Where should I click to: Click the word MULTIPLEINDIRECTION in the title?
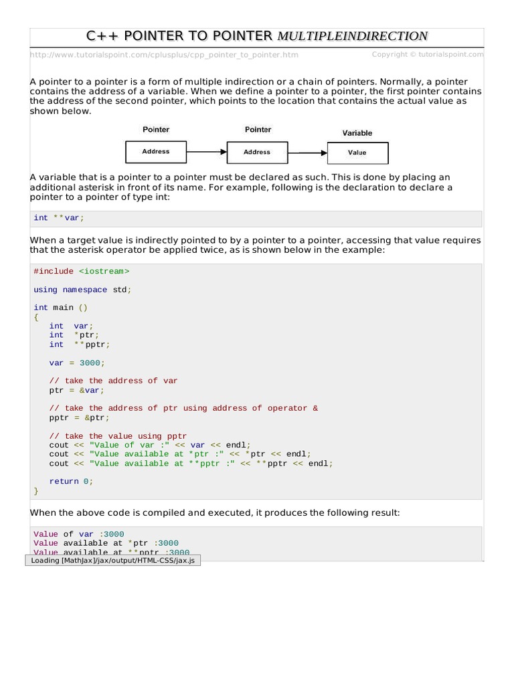[352, 36]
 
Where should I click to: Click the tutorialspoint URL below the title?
[164, 55]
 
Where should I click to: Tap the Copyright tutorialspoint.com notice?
[427, 54]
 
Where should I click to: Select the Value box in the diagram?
[357, 153]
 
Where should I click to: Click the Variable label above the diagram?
[357, 133]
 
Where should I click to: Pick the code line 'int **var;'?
[59, 218]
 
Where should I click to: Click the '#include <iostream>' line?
[81, 271]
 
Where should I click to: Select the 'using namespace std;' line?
[82, 290]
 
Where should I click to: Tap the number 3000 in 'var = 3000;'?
[89, 363]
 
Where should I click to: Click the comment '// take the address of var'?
[113, 381]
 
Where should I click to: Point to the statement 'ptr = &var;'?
[76, 390]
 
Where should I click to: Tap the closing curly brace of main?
[36, 490]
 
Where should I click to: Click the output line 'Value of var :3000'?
[78, 534]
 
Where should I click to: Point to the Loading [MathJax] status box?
[112, 560]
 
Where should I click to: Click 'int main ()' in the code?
[60, 308]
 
